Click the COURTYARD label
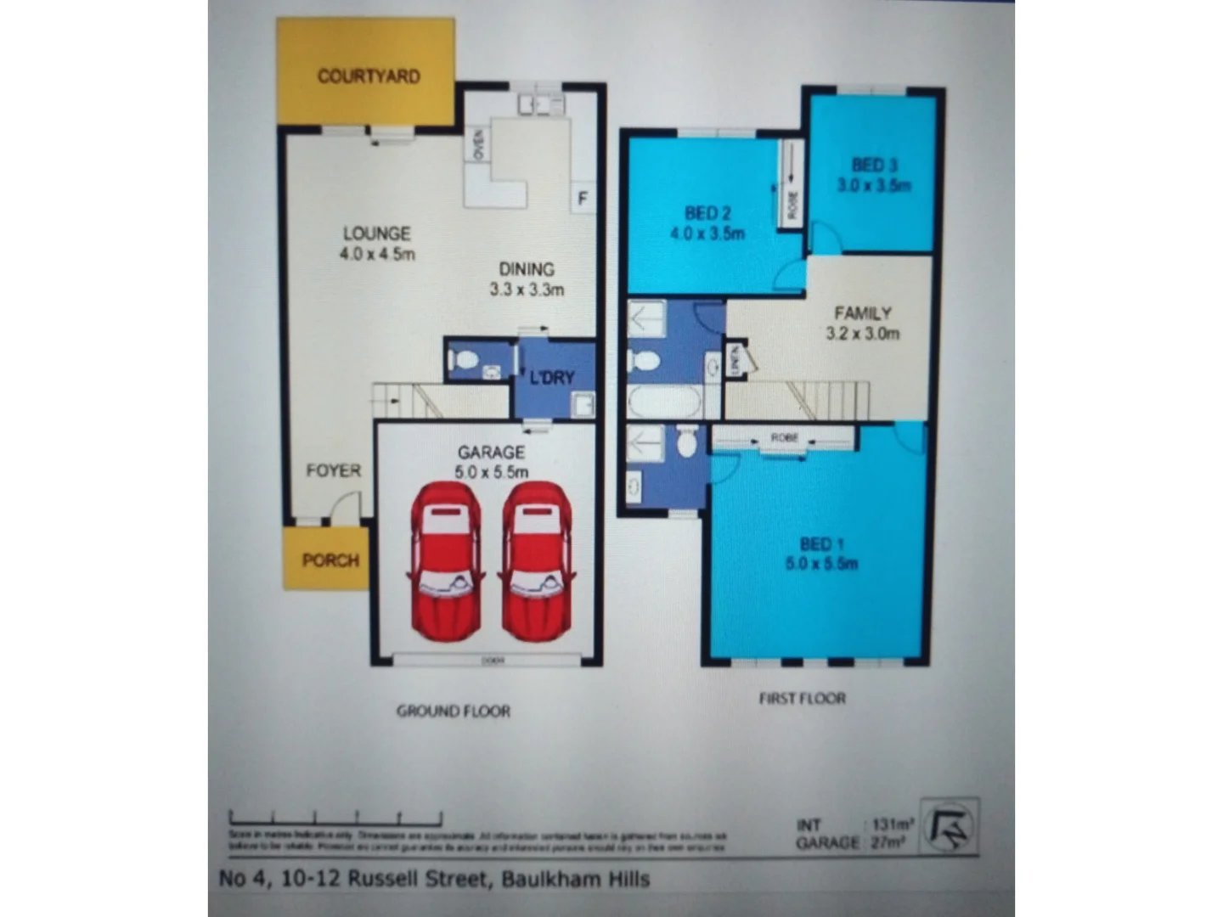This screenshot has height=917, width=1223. tap(369, 76)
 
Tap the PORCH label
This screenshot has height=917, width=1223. tap(330, 560)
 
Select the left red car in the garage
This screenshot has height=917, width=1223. tap(446, 560)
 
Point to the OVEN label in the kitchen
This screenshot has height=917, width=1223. tap(478, 144)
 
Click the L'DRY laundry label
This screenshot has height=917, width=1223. tap(552, 378)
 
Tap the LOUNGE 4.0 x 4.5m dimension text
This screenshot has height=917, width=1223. tap(377, 254)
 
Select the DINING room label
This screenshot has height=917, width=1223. tap(527, 269)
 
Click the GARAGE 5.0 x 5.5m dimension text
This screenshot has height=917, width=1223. tap(491, 472)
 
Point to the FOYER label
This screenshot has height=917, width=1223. tap(334, 470)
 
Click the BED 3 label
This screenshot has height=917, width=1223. tap(875, 166)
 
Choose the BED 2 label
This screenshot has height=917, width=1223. tap(707, 213)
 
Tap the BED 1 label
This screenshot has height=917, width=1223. tap(821, 544)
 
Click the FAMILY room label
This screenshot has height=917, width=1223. tap(862, 313)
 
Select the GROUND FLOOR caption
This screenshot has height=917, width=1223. tap(454, 711)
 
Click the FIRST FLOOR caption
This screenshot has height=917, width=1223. tap(802, 698)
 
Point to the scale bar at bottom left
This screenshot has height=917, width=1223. tap(335, 819)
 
